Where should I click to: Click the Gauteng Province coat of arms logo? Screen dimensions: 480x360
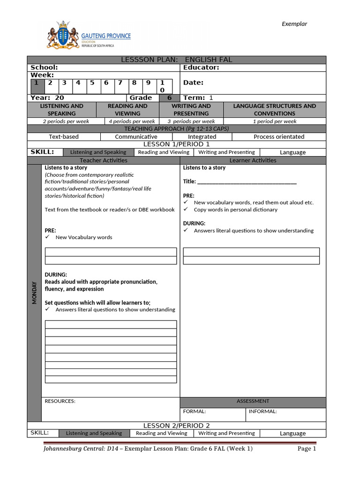[63, 34]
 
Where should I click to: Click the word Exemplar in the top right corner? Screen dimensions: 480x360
[294, 24]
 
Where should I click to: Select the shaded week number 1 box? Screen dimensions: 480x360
[36, 83]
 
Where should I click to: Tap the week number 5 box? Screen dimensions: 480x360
[92, 83]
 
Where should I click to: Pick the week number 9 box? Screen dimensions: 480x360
[149, 83]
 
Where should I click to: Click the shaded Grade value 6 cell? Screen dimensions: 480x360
[169, 98]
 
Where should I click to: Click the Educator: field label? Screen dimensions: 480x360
[201, 67]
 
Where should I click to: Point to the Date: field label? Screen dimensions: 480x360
[193, 83]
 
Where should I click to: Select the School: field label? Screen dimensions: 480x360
[44, 67]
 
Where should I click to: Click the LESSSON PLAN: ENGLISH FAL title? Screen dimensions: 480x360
[177, 60]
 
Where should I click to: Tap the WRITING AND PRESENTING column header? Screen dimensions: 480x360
[191, 110]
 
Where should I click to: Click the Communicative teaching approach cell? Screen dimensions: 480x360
[136, 137]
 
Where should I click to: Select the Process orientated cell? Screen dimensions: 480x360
[279, 137]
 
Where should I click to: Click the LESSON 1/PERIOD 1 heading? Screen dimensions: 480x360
[177, 144]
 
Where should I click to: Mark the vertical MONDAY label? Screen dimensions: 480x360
[34, 293]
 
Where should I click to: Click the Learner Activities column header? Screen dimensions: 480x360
[253, 160]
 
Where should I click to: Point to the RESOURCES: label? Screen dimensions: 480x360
[60, 401]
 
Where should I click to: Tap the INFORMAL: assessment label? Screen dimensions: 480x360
[262, 412]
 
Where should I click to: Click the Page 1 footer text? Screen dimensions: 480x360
[307, 449]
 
